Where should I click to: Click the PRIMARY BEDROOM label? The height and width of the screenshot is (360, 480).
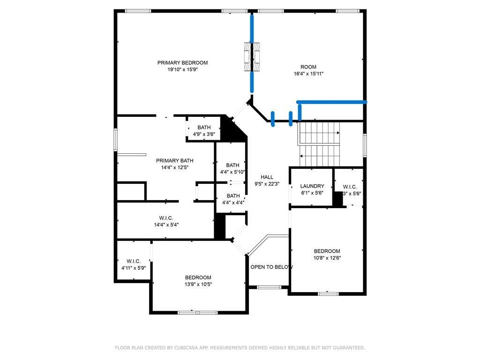pos(182,63)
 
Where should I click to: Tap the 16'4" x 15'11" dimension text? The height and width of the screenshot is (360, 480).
pos(308,74)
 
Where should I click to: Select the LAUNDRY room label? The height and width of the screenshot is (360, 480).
pos(312,186)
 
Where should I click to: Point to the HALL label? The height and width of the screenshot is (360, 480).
pos(267,177)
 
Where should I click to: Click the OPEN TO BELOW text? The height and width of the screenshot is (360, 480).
pos(272,267)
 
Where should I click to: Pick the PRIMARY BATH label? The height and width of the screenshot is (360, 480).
pos(174,161)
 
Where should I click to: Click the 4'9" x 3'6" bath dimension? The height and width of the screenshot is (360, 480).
pos(204,134)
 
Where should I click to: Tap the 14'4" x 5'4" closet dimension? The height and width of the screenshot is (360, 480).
pos(166,225)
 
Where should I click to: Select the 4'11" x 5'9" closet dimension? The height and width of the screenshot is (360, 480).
pos(134,268)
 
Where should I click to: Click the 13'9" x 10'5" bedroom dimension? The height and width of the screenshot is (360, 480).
pos(198,285)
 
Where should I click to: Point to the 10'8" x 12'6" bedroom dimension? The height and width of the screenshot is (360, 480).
pos(327,258)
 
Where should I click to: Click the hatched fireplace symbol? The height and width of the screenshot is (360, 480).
pos(252,57)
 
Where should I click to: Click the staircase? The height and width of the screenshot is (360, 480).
pos(319,144)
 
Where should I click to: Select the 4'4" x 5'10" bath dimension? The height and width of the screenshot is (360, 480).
pos(232,172)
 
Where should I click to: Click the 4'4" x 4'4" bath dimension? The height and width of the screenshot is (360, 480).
pos(233,202)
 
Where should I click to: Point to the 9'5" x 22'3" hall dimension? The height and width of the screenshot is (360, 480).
pos(267,184)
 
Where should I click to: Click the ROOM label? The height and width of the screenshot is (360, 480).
pos(308,67)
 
